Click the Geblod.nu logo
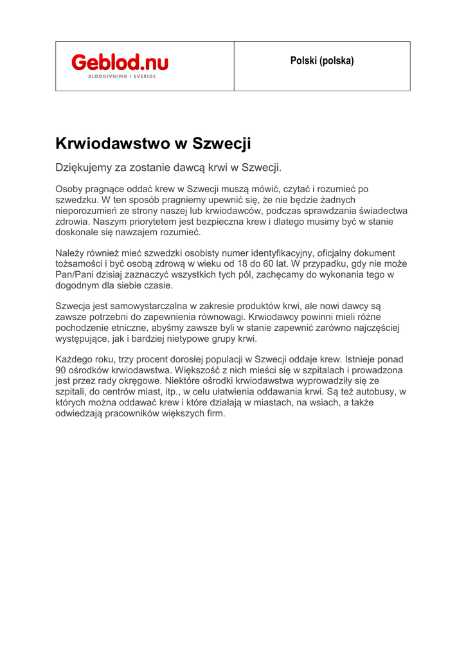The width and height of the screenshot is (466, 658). point(120,62)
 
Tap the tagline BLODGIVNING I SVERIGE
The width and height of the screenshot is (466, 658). point(122,76)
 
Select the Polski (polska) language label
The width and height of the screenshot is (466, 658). point(322,62)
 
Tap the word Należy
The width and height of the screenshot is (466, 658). point(70,253)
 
